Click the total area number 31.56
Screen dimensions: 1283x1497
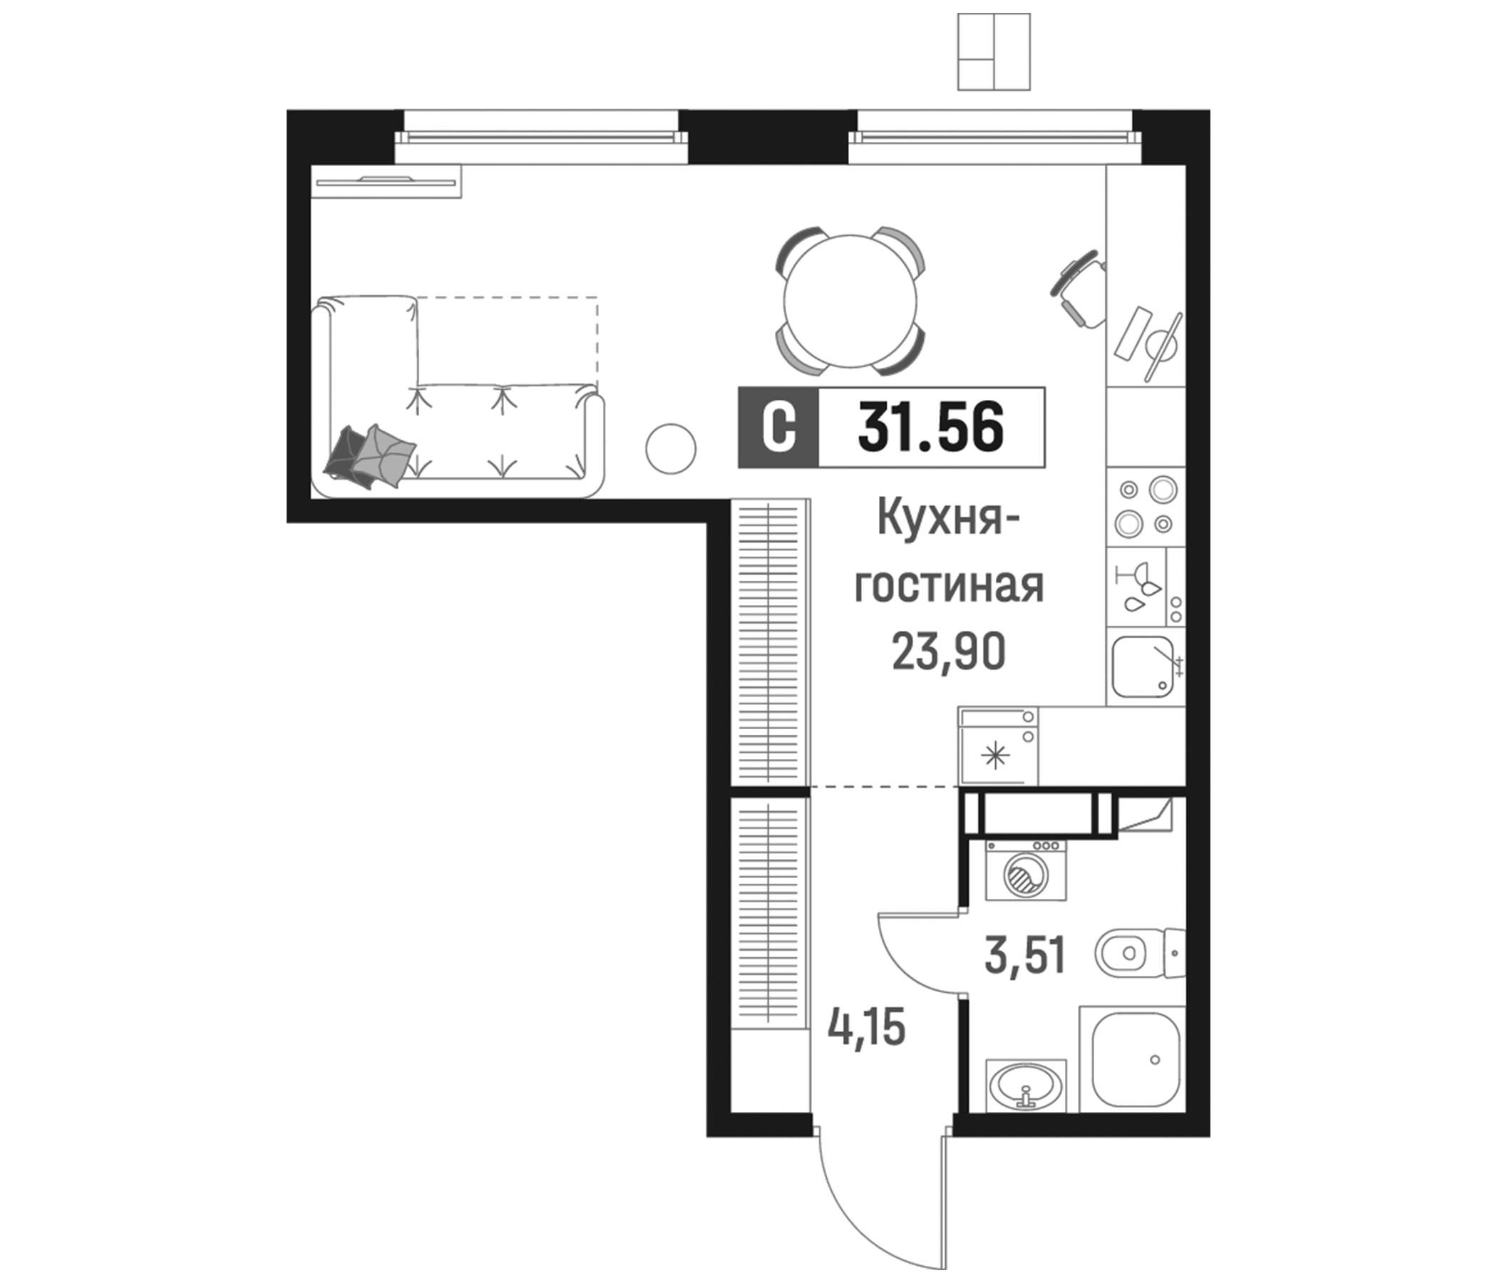pos(930,427)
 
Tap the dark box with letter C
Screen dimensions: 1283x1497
pos(778,428)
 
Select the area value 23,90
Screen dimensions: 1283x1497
pos(948,651)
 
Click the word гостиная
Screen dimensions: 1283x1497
pos(949,585)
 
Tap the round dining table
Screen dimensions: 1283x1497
pos(850,301)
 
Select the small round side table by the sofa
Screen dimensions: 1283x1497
pos(671,448)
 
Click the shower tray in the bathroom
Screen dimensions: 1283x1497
pos(1136,1060)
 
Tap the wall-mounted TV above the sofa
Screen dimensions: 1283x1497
pos(386,181)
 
